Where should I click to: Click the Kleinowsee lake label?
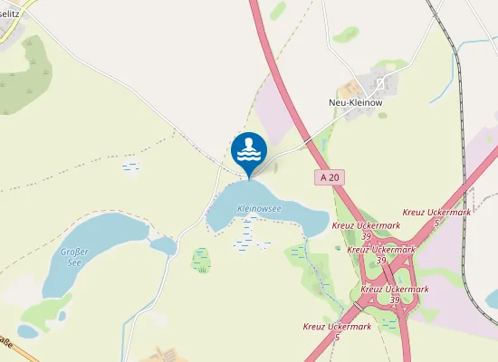pos(260,209)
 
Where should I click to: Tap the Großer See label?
pos(71,256)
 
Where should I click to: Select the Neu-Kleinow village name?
pos(357,102)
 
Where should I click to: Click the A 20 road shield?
pos(329,178)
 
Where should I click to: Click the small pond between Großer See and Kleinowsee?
pos(164,245)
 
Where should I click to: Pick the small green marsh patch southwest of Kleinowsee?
pos(201,261)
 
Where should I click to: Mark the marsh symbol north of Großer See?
pos(131,167)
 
